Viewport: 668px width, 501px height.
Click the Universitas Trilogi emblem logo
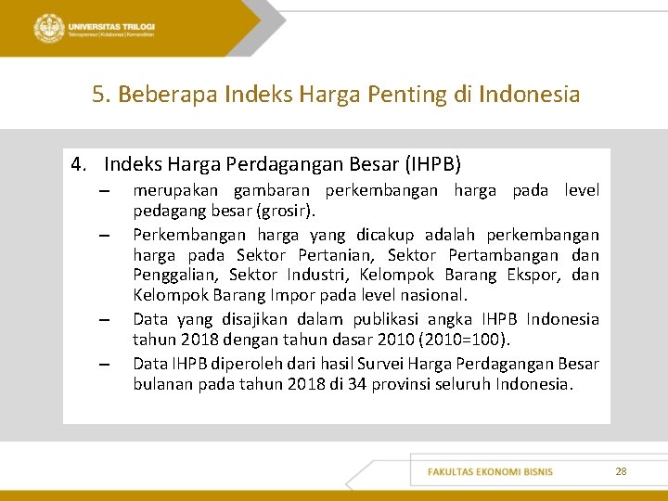click(48, 29)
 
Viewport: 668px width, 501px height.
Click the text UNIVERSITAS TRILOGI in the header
click(110, 27)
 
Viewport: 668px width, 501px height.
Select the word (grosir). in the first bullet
click(287, 211)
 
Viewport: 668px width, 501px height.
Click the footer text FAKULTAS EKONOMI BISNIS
click(490, 471)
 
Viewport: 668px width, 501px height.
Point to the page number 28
click(621, 471)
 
